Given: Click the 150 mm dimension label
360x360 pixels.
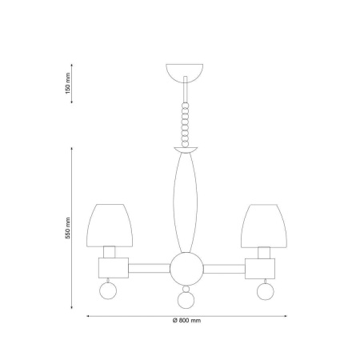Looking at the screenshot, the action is pos(68,83).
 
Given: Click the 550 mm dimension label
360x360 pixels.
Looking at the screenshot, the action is pos(68,228).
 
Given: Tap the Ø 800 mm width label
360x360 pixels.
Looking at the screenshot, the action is pos(186,321).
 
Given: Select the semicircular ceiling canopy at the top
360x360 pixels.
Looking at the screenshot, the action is pos(185,70).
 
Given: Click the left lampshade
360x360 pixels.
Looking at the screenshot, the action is pos(110,226).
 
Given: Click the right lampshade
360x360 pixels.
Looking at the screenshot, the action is pos(264,226).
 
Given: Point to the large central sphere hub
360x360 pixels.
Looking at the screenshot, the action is pos(186,269).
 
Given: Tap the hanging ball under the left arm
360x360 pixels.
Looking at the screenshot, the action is pos(108,290).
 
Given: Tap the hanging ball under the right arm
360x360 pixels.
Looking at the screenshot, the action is pos(266,291).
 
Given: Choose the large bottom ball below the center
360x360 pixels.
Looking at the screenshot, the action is pos(186,300).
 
